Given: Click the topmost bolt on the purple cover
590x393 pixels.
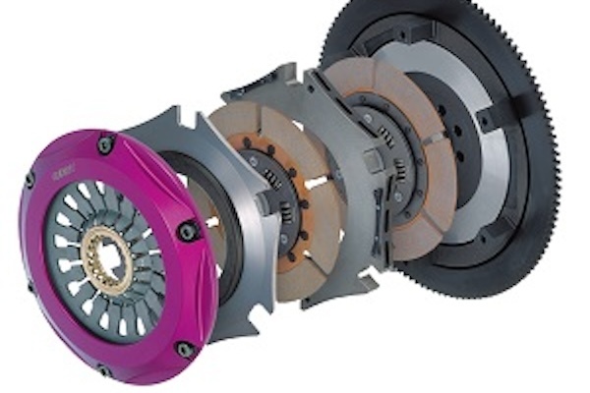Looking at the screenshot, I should tap(103, 144).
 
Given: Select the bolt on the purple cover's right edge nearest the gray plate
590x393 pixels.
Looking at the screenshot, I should tap(187, 231).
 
